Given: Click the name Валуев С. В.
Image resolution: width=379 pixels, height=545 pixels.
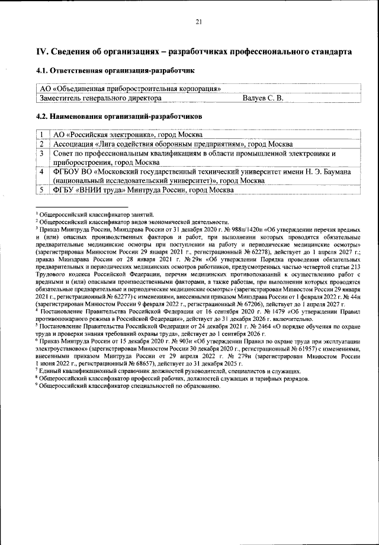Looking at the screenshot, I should click(263, 98).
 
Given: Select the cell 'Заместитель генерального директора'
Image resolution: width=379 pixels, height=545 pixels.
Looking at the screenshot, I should click(100, 98).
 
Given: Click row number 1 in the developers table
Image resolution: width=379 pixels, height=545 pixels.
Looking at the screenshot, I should click(43, 135).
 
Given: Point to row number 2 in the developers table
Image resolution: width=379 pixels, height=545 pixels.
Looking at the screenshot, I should click(43, 144).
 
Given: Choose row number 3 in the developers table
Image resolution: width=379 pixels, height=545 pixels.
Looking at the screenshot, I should click(43, 153).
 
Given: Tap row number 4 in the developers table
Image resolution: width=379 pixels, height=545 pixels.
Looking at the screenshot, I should click(43, 171).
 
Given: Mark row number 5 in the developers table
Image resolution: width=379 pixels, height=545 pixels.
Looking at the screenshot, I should click(43, 190).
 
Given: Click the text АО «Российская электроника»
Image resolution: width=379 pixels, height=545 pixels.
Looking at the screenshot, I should click(101, 135).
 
